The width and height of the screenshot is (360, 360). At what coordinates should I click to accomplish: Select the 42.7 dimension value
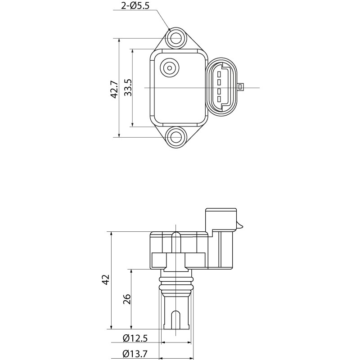point(114,89)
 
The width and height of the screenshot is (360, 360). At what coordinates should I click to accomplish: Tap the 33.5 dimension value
point(128,88)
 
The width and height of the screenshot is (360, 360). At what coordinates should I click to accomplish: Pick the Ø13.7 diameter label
point(135,354)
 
